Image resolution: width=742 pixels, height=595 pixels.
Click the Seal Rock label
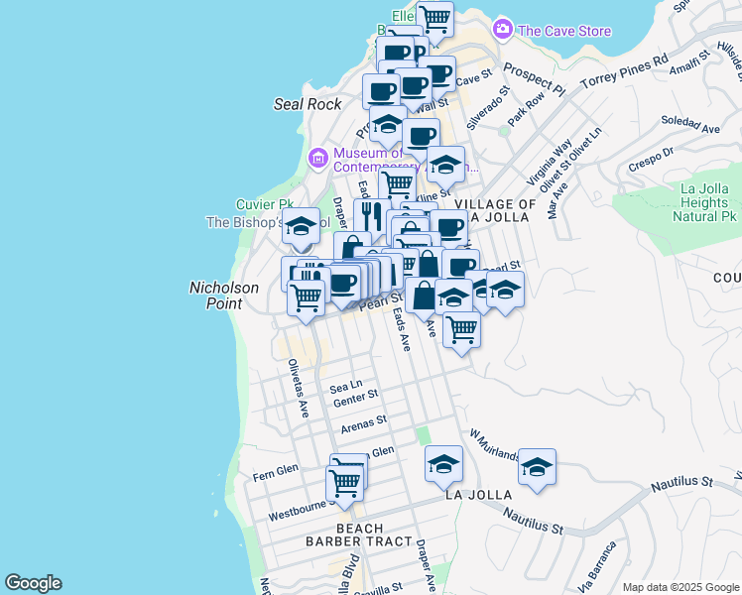(308, 104)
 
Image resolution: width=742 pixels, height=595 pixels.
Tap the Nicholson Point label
(224, 296)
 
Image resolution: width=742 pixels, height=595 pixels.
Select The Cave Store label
(564, 31)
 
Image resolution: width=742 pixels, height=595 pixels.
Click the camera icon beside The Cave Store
(503, 30)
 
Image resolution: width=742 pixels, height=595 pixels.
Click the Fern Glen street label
(276, 468)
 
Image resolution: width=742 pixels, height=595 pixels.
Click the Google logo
(33, 583)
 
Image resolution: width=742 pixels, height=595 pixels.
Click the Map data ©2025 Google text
(680, 586)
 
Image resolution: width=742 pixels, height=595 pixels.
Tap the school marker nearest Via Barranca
(537, 467)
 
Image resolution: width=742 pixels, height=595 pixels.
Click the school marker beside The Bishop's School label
(301, 227)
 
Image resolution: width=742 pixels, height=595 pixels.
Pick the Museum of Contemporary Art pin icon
(318, 158)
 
